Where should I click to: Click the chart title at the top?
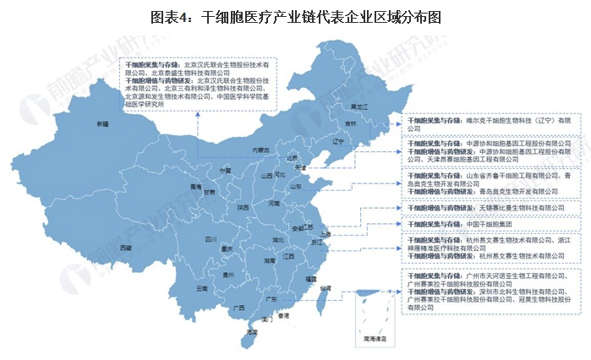(x=296, y=16)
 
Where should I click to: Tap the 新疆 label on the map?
(x=102, y=124)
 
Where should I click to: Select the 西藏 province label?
(x=126, y=247)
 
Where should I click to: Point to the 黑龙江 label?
(x=359, y=107)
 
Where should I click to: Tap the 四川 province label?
(x=188, y=240)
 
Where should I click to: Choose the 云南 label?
(x=201, y=288)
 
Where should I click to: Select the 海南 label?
(x=252, y=334)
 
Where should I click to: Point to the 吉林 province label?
(x=350, y=123)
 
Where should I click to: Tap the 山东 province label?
(x=297, y=186)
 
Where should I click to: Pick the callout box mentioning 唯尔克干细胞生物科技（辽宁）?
(x=491, y=123)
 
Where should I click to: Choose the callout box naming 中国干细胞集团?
(x=491, y=224)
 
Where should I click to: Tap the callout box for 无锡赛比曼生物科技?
(x=491, y=207)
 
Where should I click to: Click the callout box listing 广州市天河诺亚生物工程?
(x=491, y=292)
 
